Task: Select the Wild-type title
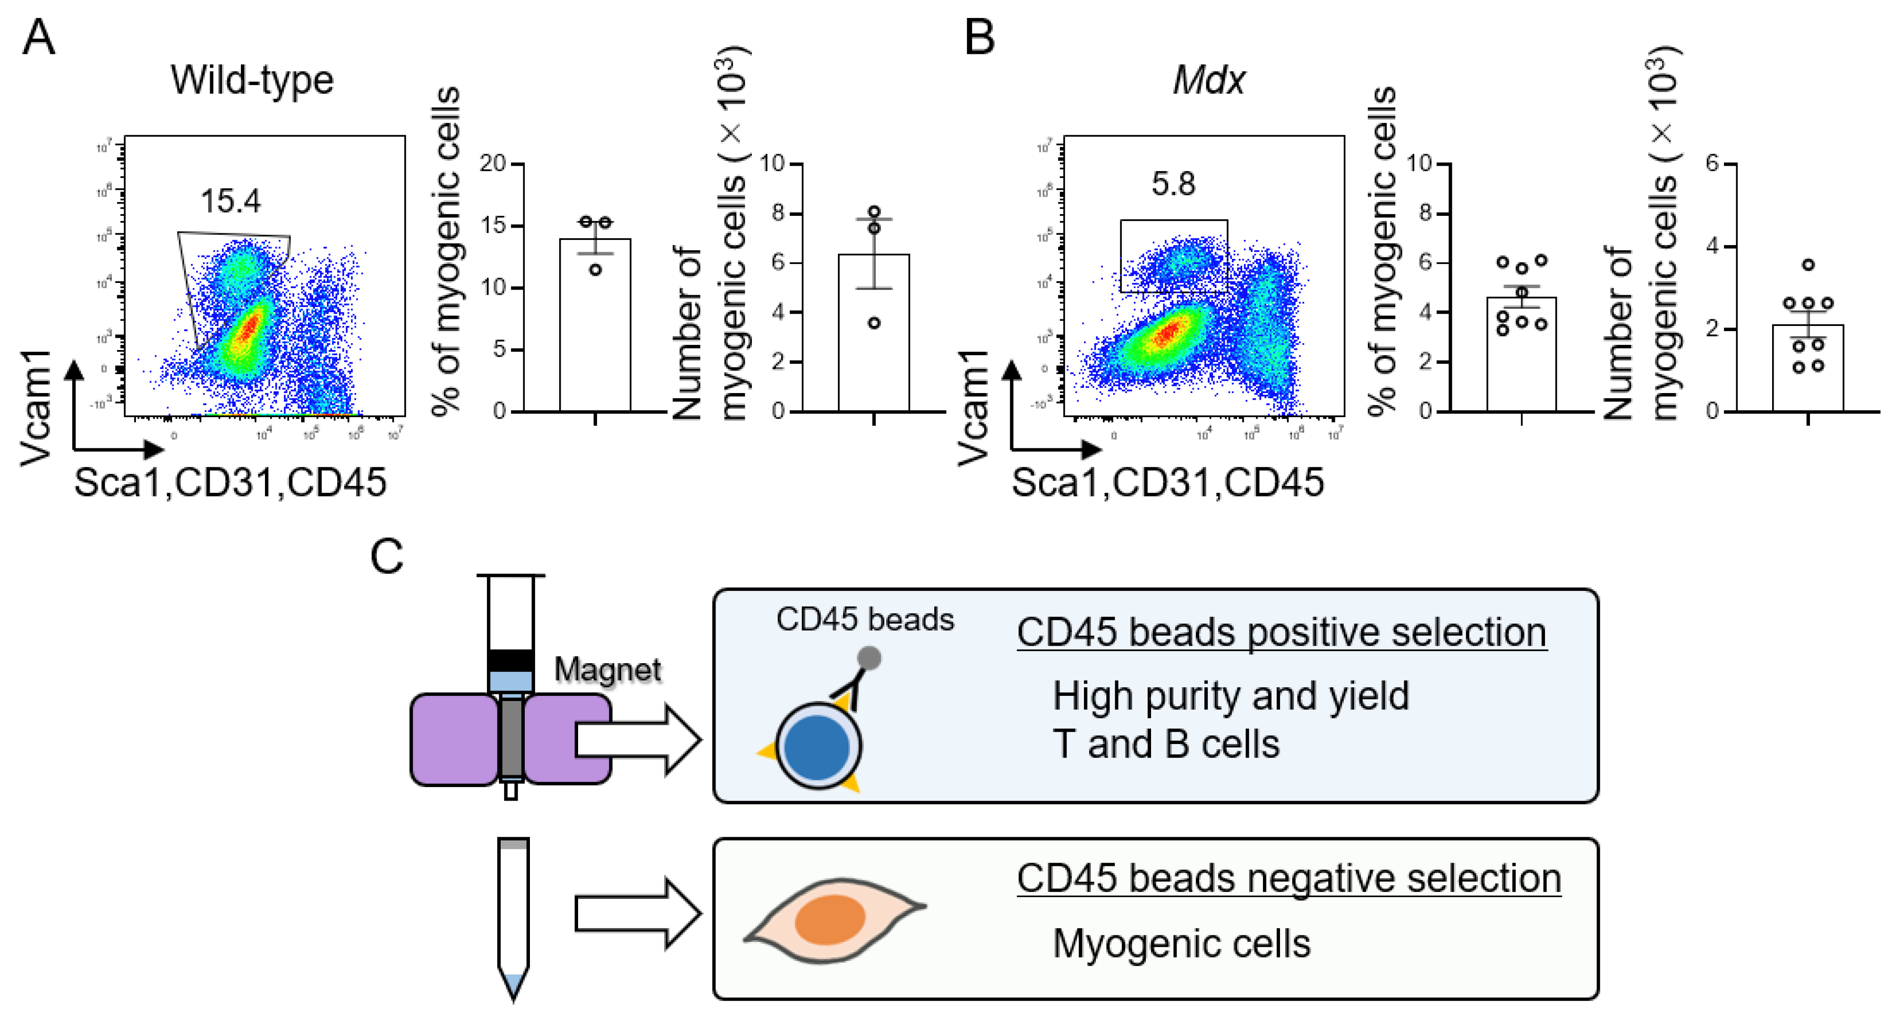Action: (252, 79)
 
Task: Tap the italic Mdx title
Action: (1209, 79)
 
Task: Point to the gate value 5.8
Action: (1173, 183)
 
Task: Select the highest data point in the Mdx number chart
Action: (1808, 265)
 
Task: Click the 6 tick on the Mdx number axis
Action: (1713, 163)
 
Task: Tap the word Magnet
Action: (607, 669)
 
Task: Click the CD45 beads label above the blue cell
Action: (865, 619)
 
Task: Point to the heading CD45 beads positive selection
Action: (1281, 633)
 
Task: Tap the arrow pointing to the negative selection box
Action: (637, 914)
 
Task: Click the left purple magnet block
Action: (453, 740)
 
